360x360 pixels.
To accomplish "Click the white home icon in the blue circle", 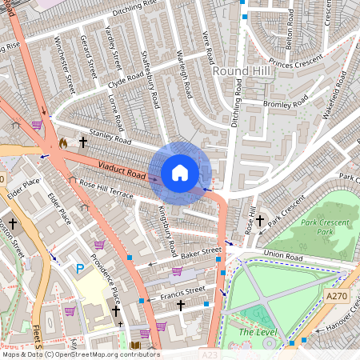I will [x=180, y=173].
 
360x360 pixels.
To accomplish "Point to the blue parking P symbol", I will [x=80, y=270].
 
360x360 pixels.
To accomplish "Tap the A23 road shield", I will [x=209, y=354].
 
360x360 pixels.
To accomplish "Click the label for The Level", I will [x=257, y=331].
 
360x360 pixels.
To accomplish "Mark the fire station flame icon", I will [x=62, y=142].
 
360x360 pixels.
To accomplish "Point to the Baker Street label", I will [x=199, y=253].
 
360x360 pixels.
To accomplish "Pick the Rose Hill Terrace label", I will [x=106, y=189].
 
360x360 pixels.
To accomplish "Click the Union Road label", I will [x=284, y=258].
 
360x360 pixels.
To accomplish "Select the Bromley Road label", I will [x=285, y=102].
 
